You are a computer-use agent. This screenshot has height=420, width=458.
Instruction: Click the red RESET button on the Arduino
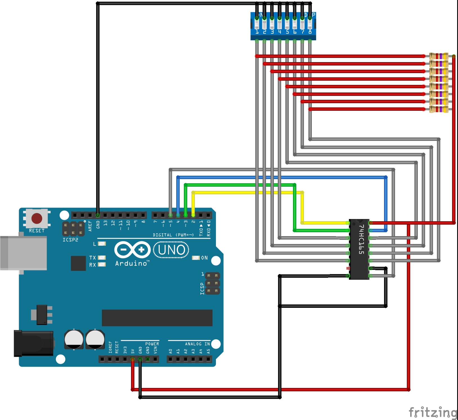37,218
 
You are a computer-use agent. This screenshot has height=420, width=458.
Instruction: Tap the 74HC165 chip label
361,239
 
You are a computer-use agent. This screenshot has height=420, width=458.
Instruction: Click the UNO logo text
172,250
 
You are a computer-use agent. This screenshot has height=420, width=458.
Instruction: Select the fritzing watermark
433,412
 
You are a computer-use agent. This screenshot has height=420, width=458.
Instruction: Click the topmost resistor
439,56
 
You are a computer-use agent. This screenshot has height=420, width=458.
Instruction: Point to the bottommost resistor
439,109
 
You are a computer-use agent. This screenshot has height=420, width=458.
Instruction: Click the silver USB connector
24,253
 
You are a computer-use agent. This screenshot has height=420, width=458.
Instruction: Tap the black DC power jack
34,343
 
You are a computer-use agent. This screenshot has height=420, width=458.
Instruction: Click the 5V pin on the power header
133,359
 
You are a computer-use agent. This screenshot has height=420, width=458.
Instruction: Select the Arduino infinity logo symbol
132,250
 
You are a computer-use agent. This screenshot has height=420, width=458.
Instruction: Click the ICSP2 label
70,240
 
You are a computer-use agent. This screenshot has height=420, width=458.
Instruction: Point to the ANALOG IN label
197,344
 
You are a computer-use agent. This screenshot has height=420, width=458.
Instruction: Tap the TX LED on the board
102,258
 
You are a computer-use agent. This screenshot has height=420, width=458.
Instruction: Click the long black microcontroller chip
157,318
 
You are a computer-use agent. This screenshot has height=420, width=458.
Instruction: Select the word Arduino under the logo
131,263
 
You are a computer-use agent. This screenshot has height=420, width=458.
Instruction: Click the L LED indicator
102,244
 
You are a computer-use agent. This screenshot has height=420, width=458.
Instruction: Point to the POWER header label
152,344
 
